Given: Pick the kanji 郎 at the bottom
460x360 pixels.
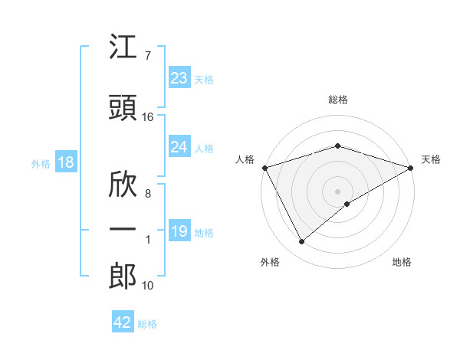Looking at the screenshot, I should [x=123, y=277].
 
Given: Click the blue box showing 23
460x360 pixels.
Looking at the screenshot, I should [x=179, y=78].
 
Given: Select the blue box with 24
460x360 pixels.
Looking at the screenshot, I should [x=179, y=147].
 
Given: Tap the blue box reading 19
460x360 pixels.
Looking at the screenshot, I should [x=179, y=231].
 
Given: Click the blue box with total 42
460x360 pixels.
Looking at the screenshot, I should [x=123, y=322].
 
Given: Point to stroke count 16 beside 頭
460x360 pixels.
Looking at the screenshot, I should [x=148, y=117].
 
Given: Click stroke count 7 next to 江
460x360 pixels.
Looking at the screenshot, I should [x=147, y=56].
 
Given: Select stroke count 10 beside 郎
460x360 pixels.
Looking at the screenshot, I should [x=148, y=286].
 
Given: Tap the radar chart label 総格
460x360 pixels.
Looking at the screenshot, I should [x=337, y=100].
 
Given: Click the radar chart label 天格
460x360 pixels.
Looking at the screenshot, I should [x=431, y=159].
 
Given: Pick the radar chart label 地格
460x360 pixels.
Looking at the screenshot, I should [x=402, y=262].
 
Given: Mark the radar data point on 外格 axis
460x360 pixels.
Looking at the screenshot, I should [x=301, y=242].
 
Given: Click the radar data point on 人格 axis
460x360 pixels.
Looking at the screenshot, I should [x=264, y=168].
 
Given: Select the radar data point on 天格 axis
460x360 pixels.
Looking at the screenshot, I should [x=411, y=168].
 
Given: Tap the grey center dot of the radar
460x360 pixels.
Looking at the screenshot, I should [x=337, y=191].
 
